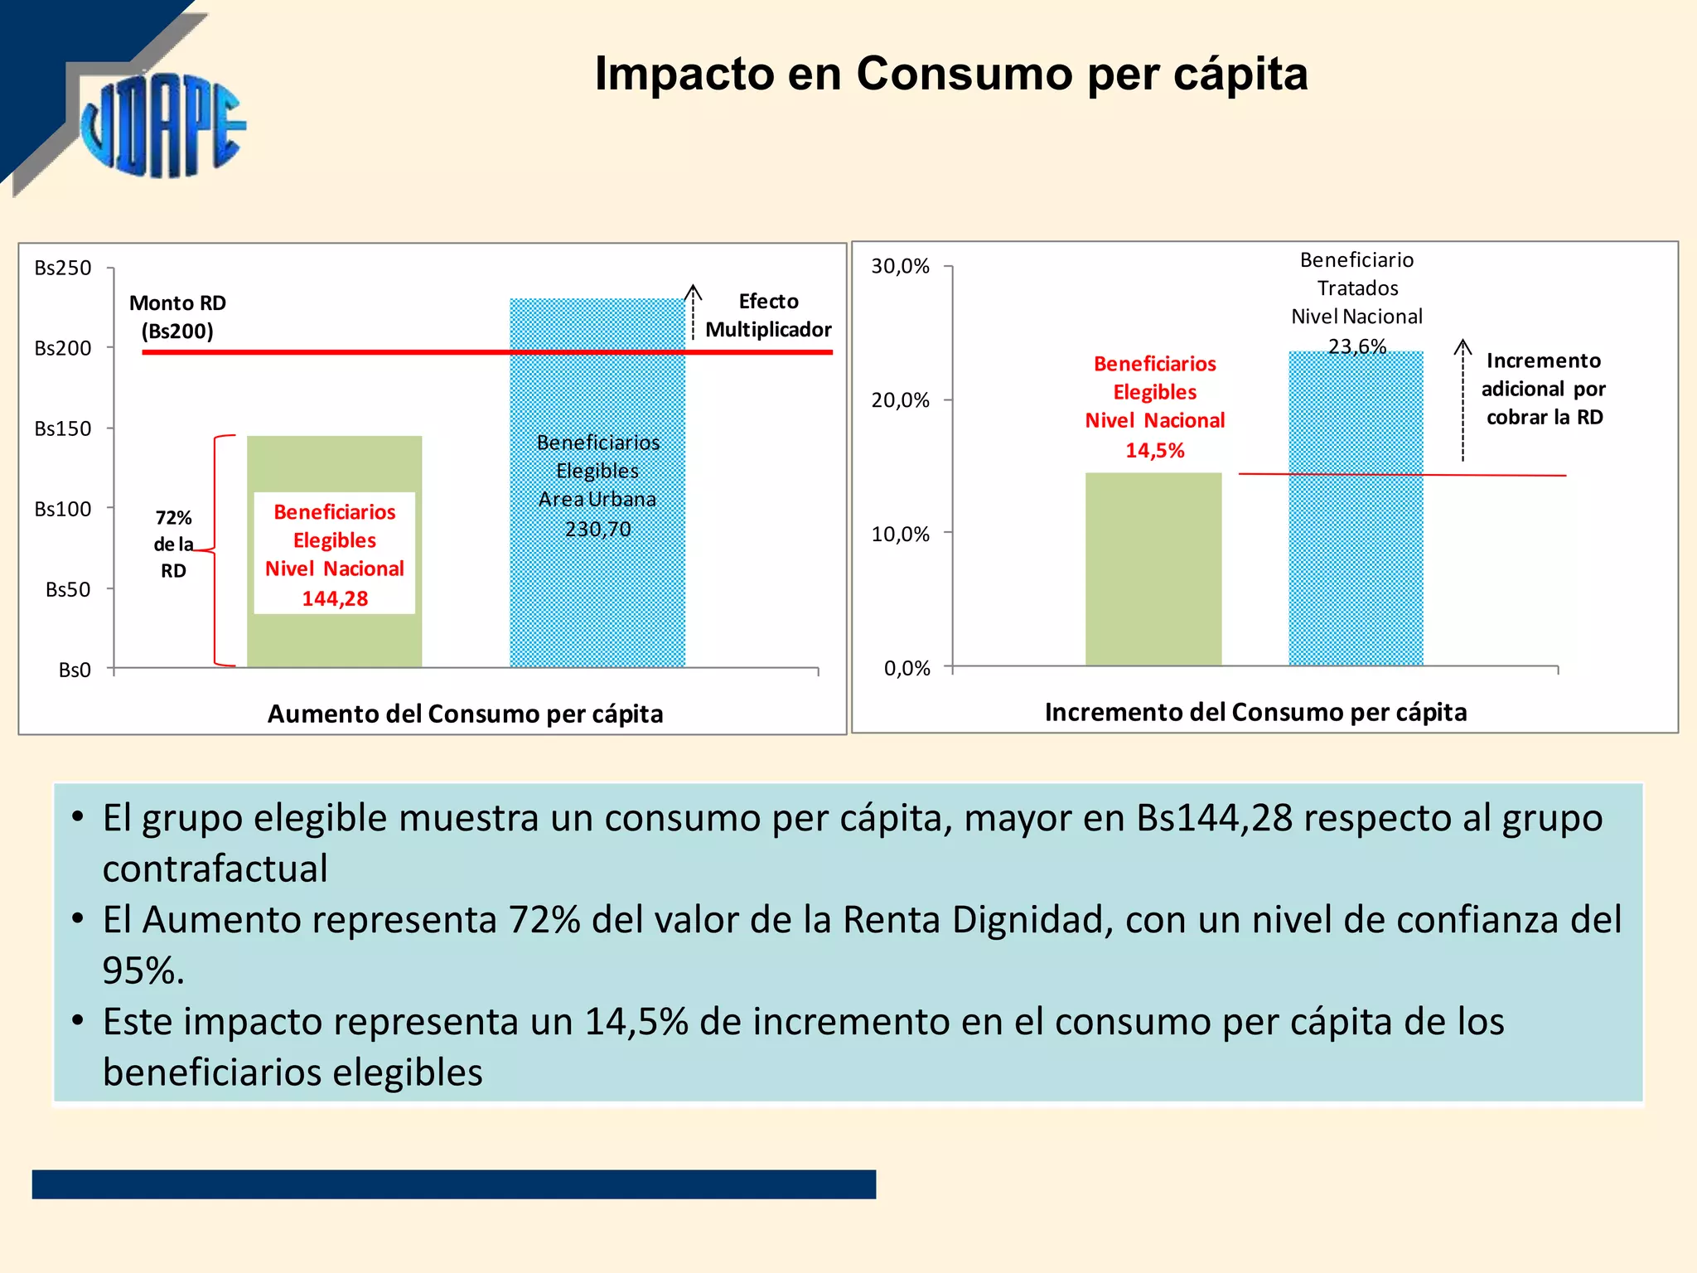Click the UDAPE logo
click(162, 124)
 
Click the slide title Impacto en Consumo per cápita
click(950, 74)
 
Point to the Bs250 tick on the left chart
click(63, 268)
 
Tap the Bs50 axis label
click(68, 589)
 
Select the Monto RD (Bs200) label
click(177, 317)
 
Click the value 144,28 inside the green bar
click(335, 598)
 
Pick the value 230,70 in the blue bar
click(597, 529)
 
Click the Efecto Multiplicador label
click(768, 316)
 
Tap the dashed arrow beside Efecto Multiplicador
click(693, 312)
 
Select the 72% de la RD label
click(173, 544)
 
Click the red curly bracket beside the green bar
click(216, 550)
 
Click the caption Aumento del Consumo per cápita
click(465, 714)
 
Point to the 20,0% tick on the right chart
click(900, 400)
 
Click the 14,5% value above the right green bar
click(1154, 450)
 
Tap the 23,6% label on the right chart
click(1356, 346)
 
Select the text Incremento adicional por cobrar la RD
click(1544, 389)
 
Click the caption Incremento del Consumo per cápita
click(1255, 712)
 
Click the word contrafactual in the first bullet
click(215, 869)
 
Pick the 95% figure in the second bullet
click(138, 970)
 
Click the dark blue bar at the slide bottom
click(453, 1183)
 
